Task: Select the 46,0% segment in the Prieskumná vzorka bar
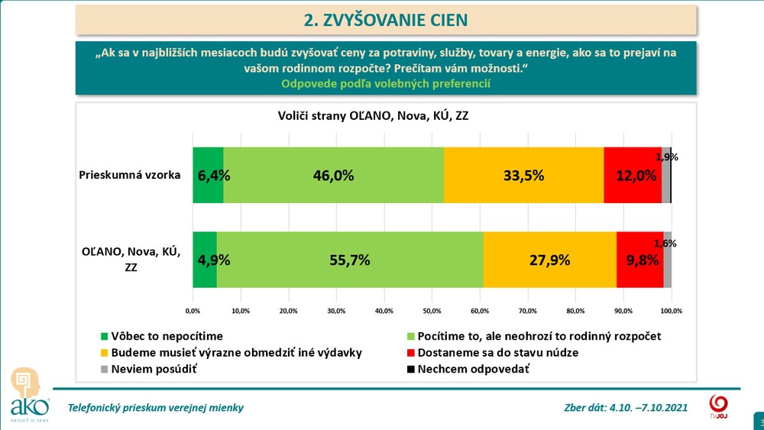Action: coord(333,175)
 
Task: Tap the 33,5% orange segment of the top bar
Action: coord(523,175)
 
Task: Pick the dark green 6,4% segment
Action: coord(208,175)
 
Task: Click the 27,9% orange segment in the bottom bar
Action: coord(549,259)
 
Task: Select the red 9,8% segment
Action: coord(639,259)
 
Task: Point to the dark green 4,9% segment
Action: coord(205,259)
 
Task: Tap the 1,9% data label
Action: coord(667,157)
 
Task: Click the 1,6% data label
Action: coord(665,243)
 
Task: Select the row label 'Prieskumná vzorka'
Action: coord(129,175)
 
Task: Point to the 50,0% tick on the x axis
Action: coord(432,311)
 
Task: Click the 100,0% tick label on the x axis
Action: coord(671,311)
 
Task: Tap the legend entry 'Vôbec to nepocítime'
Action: coord(166,336)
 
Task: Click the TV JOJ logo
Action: coord(718,405)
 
